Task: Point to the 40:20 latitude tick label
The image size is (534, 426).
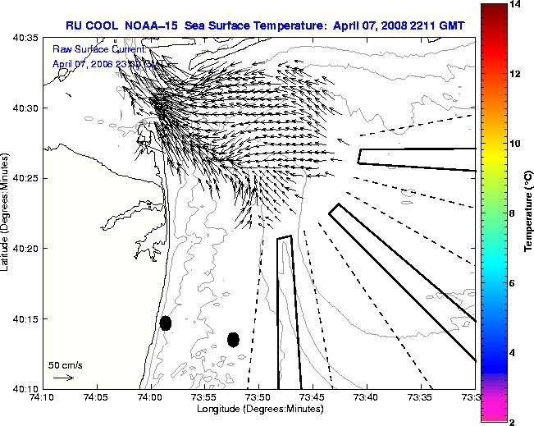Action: pyautogui.click(x=27, y=248)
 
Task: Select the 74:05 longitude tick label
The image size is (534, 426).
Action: pyautogui.click(x=96, y=397)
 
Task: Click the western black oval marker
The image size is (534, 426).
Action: pyautogui.click(x=166, y=323)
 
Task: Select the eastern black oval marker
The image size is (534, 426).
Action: pyautogui.click(x=233, y=339)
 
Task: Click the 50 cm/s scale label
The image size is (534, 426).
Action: pyautogui.click(x=65, y=365)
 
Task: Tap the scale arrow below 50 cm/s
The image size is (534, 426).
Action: pyautogui.click(x=62, y=378)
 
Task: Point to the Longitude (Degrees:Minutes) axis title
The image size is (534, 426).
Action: pyautogui.click(x=258, y=408)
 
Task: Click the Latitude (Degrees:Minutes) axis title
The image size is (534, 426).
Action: pyautogui.click(x=7, y=213)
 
